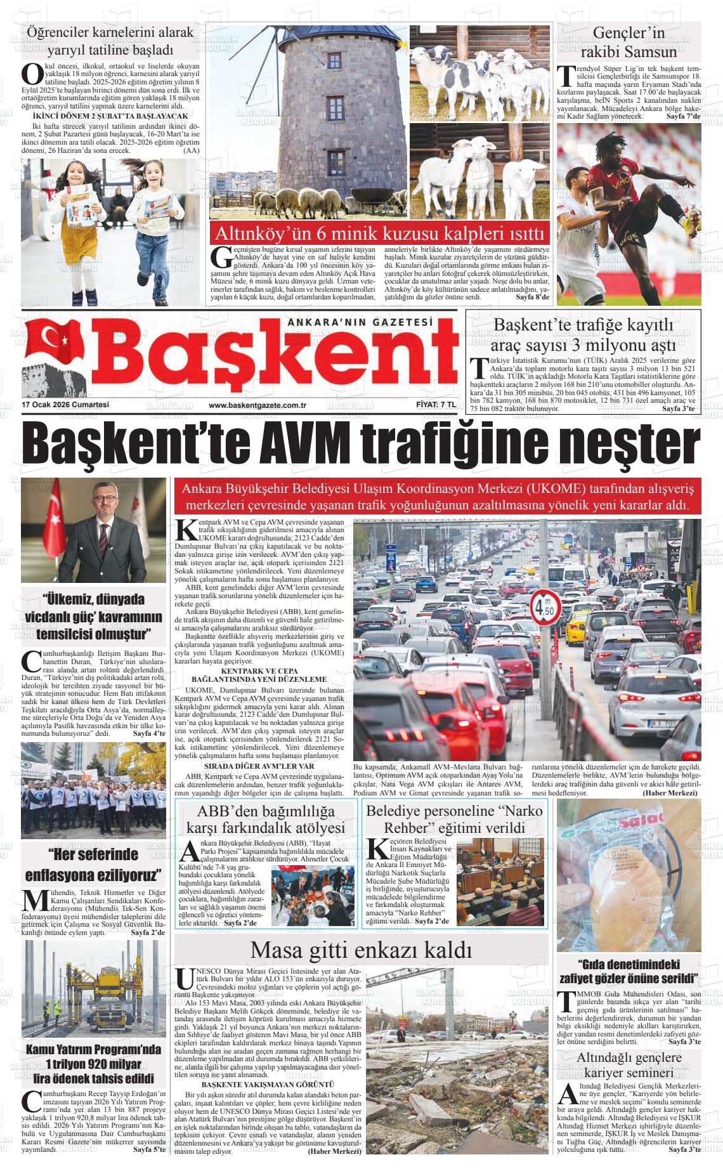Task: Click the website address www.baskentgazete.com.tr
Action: click(x=257, y=405)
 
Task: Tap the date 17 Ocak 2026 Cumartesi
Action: click(x=65, y=405)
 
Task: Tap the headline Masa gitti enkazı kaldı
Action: click(x=361, y=950)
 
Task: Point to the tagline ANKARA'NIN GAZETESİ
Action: click(x=360, y=323)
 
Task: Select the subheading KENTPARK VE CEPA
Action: click(x=259, y=670)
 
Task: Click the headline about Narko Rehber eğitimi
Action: click(x=455, y=819)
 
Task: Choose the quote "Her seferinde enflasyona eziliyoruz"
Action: click(x=93, y=865)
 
